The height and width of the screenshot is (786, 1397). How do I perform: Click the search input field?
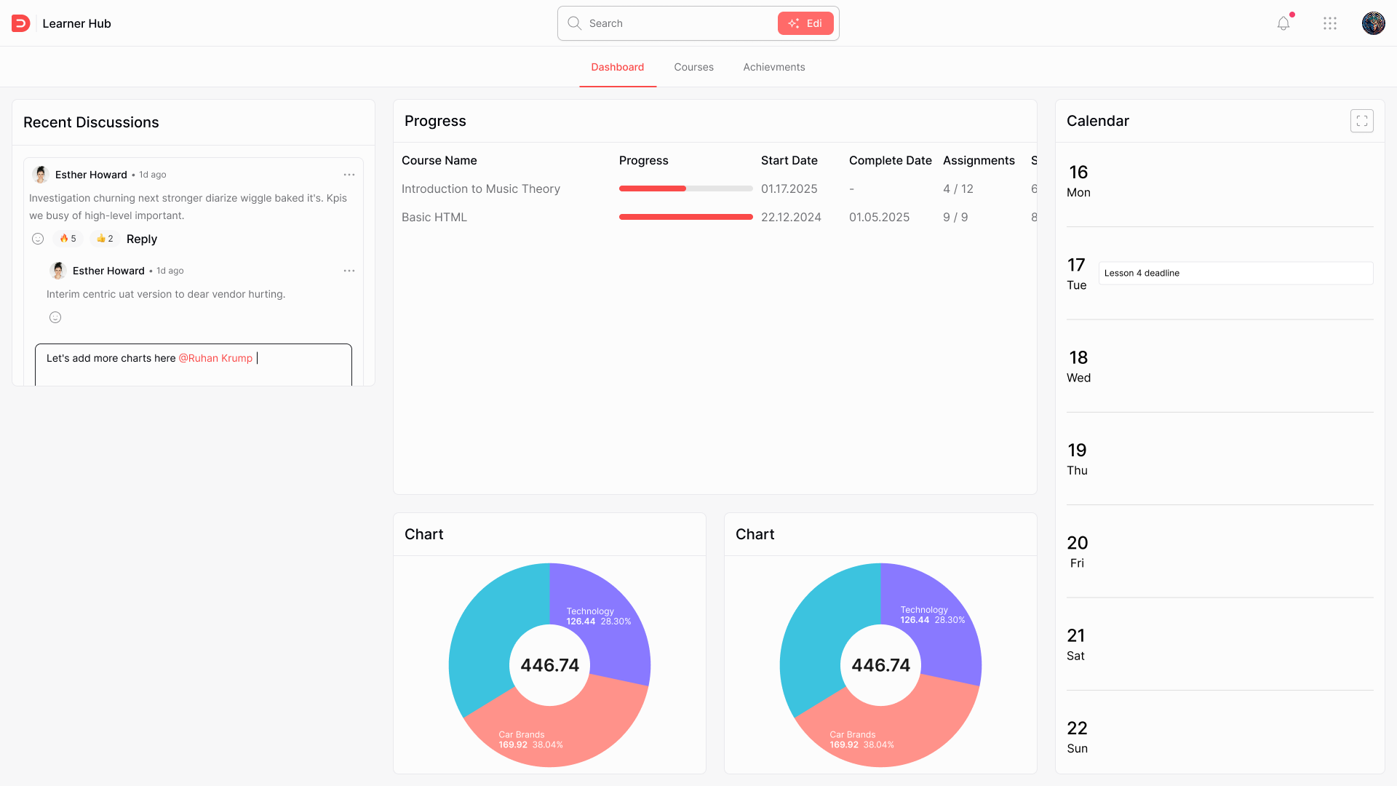coord(677,23)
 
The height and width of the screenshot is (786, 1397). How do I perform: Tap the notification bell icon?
coord(1283,23)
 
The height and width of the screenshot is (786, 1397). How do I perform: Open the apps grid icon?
coord(1330,23)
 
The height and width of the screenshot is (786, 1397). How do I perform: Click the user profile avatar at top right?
coord(1373,23)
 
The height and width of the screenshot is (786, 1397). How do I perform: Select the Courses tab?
coord(693,67)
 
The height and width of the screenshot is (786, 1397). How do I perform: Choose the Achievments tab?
coord(773,67)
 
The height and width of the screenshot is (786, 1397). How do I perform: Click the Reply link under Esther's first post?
coord(142,239)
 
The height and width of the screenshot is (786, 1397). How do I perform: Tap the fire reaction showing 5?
coord(68,239)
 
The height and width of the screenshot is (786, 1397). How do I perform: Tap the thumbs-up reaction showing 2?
coord(105,239)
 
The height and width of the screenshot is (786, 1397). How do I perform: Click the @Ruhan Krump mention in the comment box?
coord(215,358)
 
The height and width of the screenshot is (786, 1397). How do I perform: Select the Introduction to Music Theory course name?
coord(481,188)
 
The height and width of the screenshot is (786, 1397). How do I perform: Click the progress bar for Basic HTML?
coord(685,217)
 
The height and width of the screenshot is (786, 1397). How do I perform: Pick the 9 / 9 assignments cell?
coord(955,217)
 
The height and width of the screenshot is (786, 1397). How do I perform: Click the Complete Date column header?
coord(890,160)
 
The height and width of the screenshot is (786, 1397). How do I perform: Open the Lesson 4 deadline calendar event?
coord(1235,273)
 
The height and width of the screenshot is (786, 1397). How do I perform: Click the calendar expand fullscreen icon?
coord(1361,121)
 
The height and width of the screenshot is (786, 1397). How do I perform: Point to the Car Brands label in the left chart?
coord(522,734)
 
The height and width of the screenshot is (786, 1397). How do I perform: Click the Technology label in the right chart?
coord(924,610)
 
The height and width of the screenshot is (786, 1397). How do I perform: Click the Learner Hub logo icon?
coord(20,23)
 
